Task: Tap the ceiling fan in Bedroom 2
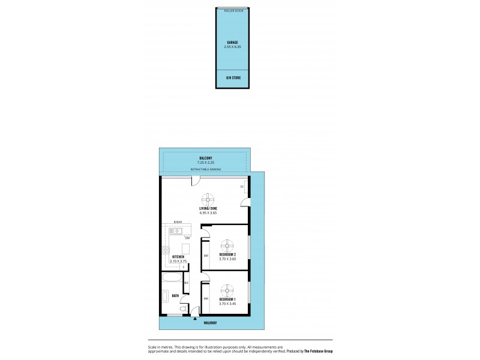(x=227, y=244)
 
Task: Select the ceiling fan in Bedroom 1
(x=227, y=290)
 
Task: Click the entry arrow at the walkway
(x=196, y=319)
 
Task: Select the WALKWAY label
(x=209, y=323)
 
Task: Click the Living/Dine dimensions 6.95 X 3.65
(x=208, y=213)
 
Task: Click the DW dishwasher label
(x=187, y=238)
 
